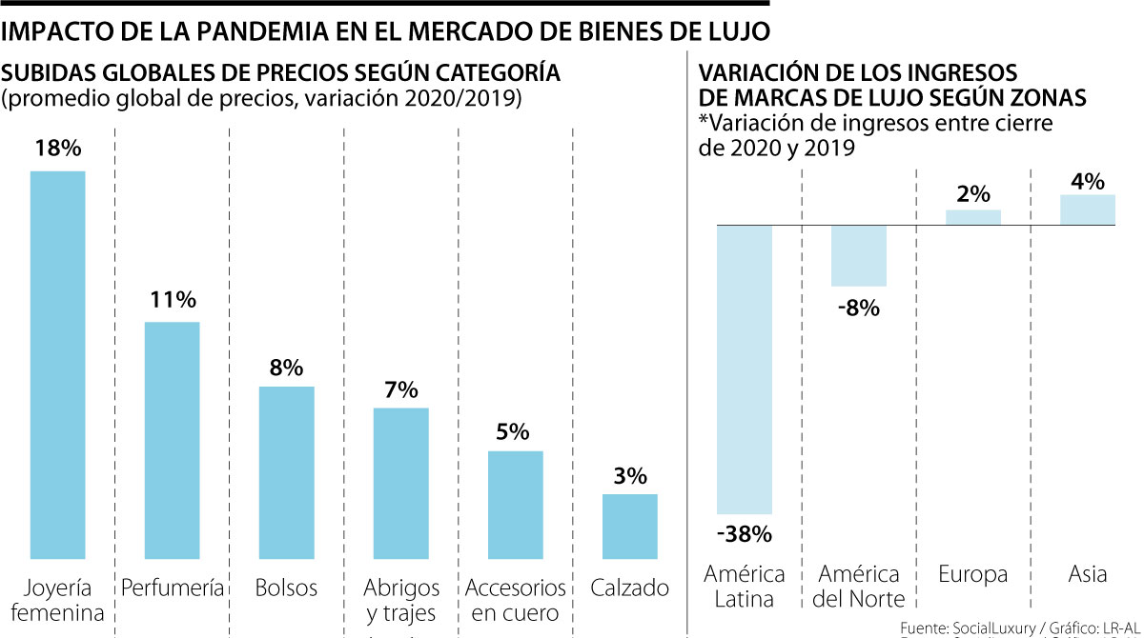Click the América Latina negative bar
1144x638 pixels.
(x=745, y=369)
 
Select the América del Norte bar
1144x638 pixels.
(x=859, y=255)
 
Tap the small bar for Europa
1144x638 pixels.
(x=973, y=217)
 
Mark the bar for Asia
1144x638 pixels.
(x=1088, y=209)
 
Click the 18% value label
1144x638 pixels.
(x=58, y=149)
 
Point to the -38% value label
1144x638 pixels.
(x=744, y=534)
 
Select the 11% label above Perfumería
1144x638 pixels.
(x=173, y=300)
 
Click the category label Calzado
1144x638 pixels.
(x=630, y=588)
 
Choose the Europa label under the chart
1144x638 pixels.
(x=972, y=574)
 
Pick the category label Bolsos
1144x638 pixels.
(x=286, y=588)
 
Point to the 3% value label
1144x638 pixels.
(x=630, y=475)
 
